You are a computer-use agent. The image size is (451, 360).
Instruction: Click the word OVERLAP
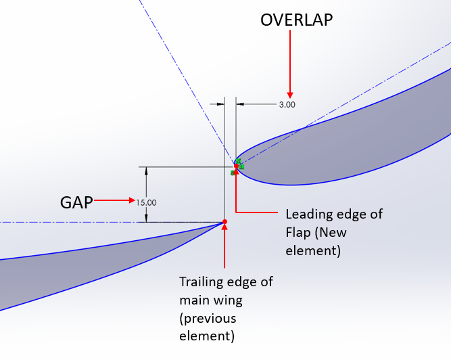tap(296, 20)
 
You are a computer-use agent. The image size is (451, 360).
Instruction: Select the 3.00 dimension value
tap(287, 105)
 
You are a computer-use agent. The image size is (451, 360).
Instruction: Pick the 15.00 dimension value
tap(146, 202)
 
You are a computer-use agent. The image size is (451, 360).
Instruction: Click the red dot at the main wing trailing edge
tap(224, 222)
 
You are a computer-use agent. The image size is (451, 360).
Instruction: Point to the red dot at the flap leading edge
tap(236, 166)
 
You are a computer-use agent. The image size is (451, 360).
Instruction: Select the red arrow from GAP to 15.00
tap(115, 200)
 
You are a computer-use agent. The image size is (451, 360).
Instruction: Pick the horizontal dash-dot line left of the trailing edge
tap(101, 222)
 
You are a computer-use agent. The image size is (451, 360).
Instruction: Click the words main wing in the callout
tap(208, 298)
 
